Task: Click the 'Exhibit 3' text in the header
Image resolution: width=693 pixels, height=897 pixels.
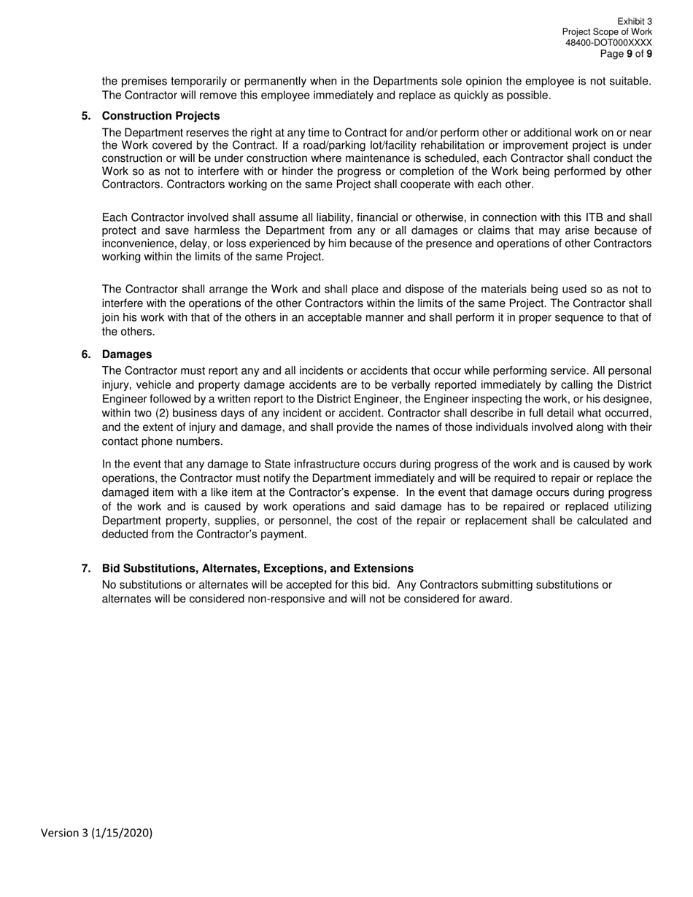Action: point(634,22)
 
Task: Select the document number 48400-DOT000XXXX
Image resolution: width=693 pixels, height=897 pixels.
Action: point(608,43)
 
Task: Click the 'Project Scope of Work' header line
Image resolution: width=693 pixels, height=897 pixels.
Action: point(607,33)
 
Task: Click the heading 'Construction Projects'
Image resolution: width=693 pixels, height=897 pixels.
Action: point(160,116)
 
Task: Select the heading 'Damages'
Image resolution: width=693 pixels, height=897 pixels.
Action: point(127,354)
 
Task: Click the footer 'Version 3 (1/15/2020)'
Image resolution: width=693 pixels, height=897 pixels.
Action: point(97,833)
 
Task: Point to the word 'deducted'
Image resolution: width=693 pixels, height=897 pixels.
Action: point(126,535)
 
